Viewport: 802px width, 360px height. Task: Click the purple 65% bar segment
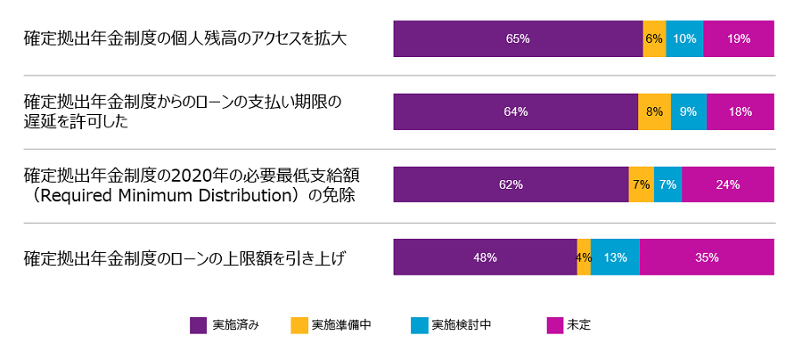[x=518, y=39]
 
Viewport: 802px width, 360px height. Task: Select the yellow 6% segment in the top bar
[x=654, y=39]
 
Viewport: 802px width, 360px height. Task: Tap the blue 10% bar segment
[x=684, y=39]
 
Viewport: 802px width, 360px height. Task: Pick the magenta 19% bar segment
[x=739, y=39]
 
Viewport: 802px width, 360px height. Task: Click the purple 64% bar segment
[x=516, y=112]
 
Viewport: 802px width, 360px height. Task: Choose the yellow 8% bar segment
[x=654, y=112]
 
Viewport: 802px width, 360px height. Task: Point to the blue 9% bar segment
[x=689, y=112]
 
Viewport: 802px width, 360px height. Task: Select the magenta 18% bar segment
[x=741, y=112]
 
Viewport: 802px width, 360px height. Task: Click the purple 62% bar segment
[x=511, y=184]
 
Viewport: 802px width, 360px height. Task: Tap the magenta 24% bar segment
[x=728, y=184]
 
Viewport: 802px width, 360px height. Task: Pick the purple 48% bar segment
[x=485, y=258]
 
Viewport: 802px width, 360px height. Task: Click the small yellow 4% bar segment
[x=584, y=258]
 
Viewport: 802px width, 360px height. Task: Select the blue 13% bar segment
[x=615, y=258]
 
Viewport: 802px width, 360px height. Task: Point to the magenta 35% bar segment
[x=707, y=258]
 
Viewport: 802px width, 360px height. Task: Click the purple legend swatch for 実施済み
[x=199, y=325]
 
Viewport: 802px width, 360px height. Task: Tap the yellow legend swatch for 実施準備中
[x=299, y=325]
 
